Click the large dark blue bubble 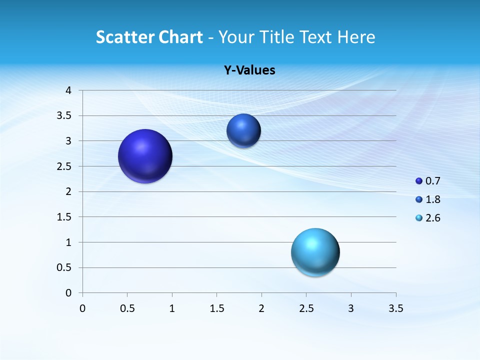[x=145, y=156]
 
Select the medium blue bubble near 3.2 [x=243, y=130]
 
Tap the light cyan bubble [x=315, y=252]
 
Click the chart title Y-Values [x=249, y=70]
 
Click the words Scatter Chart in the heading [x=149, y=37]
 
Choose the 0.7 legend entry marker [x=419, y=181]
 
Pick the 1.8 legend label [x=433, y=199]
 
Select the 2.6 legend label [x=433, y=218]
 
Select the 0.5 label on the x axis [x=127, y=308]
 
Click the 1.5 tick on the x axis [x=217, y=308]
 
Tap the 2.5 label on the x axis [x=306, y=308]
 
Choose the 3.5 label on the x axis [x=395, y=308]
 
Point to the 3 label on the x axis [x=351, y=308]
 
